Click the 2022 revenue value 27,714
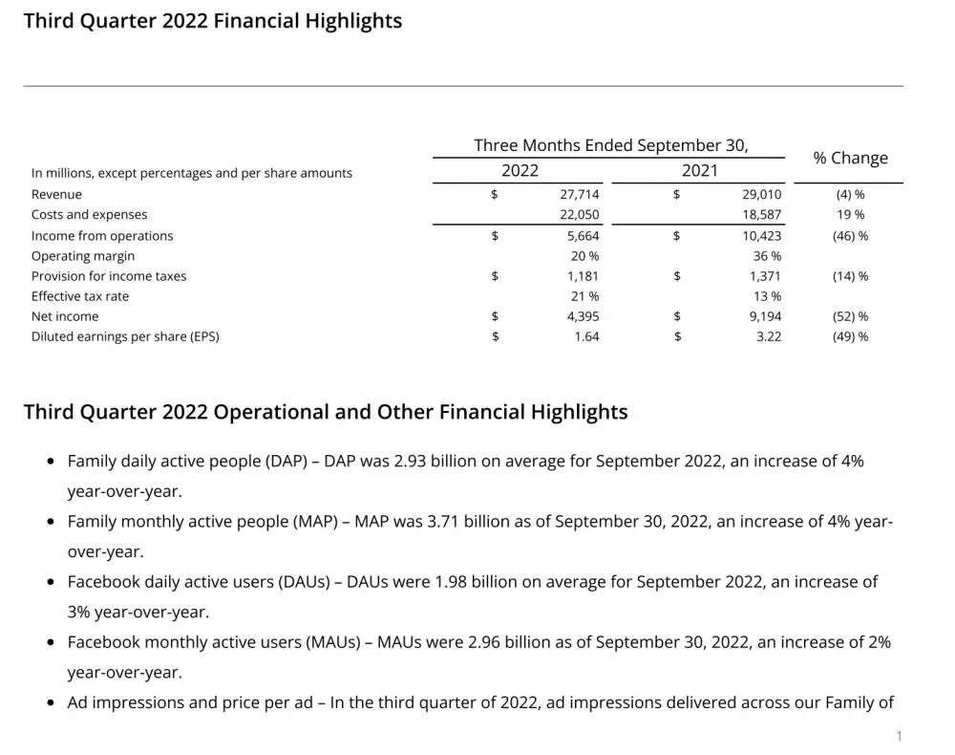(580, 194)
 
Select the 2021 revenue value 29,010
(762, 194)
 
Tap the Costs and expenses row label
(89, 215)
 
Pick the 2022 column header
(520, 171)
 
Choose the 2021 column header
(699, 171)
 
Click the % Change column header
(850, 158)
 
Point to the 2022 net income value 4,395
(583, 316)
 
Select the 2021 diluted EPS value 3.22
(769, 336)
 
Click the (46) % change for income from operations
(850, 236)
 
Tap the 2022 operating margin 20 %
(584, 256)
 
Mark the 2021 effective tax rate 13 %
(767, 296)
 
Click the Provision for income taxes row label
(109, 276)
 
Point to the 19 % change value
(850, 215)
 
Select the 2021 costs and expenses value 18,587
(762, 215)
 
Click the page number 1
(899, 736)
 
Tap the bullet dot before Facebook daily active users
(51, 582)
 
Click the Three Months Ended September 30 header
(611, 145)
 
